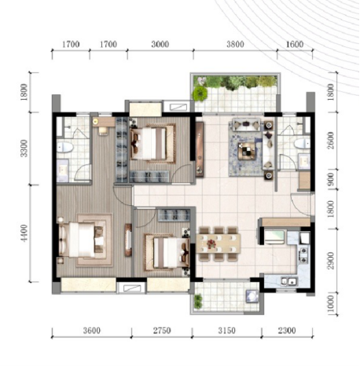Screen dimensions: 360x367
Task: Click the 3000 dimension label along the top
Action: coord(160,44)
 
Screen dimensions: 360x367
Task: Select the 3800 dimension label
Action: coord(235,44)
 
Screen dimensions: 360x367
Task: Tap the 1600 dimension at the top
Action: coord(295,44)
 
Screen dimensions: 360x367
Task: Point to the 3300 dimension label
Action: coord(24,149)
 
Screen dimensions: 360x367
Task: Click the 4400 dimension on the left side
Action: coord(24,233)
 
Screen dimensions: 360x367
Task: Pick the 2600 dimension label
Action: coord(331,141)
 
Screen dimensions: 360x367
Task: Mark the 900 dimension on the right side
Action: coord(331,179)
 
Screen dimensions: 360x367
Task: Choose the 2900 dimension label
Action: coord(331,261)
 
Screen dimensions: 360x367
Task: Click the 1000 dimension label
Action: coord(331,304)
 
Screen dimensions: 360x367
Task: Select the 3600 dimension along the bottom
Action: coord(92,331)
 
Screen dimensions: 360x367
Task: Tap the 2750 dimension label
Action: coord(162,331)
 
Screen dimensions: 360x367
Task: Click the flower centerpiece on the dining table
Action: coord(211,244)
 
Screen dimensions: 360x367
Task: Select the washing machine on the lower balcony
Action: coord(252,296)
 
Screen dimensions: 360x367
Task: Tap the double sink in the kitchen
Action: coord(288,281)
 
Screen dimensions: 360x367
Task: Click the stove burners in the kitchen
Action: coord(303,255)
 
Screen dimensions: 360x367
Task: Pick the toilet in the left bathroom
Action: coord(64,148)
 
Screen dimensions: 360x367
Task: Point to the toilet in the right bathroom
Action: coord(302,144)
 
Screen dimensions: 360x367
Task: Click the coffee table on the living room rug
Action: coord(247,151)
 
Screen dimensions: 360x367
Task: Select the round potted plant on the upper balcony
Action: coord(200,93)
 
